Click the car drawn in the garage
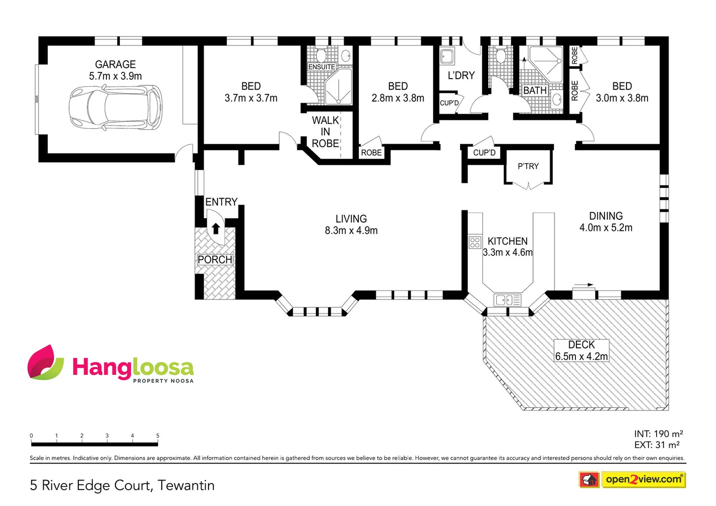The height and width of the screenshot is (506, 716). pos(116,108)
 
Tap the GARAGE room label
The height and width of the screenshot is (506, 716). pos(115,64)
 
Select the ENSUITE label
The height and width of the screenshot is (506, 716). pos(321,67)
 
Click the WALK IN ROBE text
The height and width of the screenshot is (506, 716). pos(325,132)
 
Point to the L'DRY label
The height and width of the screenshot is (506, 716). pos(461,75)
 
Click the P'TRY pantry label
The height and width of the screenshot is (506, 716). pos(528,166)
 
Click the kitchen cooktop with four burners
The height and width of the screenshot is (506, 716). pos(475,242)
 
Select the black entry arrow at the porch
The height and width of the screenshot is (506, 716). pos(216,228)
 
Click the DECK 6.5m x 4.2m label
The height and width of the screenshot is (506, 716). pos(582,350)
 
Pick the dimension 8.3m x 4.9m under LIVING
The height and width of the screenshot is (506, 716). pos(351,231)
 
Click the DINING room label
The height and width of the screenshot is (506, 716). pos(606,216)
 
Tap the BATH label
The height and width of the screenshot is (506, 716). pos(535,90)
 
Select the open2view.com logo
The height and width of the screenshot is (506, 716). pos(643,479)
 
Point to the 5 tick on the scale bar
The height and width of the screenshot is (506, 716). pos(157,436)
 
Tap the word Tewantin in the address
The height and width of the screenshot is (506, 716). pos(186,485)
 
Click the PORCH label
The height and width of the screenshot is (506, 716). pos(215,260)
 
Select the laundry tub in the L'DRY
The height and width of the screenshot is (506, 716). pos(447,57)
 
